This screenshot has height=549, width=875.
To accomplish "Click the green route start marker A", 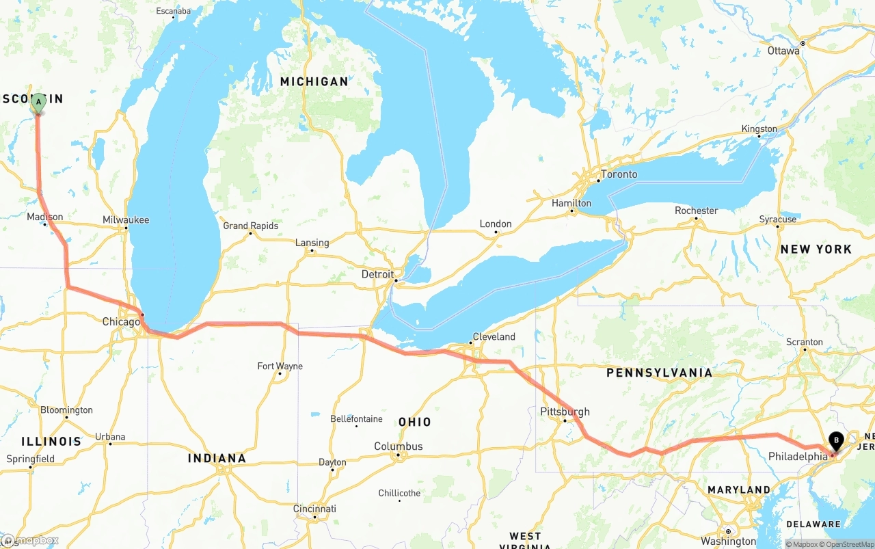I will (38, 103).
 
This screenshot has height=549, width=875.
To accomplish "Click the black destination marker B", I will (835, 441).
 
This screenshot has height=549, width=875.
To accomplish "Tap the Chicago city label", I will (121, 321).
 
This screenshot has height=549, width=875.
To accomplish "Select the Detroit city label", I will (377, 274).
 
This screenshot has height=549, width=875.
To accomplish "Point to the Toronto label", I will (619, 174).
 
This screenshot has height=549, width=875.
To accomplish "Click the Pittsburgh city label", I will (565, 412).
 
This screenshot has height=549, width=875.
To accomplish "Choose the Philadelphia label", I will (798, 456).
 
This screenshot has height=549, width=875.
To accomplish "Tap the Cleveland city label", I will (494, 336).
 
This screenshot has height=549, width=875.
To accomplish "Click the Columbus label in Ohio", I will (398, 446).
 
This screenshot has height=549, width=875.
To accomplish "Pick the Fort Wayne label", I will (280, 366).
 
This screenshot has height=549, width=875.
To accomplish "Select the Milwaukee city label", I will (126, 219).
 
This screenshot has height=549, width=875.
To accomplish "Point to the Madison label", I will (45, 217).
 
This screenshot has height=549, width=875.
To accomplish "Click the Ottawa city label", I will (783, 51).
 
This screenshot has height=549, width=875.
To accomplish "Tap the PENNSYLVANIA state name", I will (659, 373).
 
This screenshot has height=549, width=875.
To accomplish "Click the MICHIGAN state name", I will (314, 81).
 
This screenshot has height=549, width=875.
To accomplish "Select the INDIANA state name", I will (217, 458).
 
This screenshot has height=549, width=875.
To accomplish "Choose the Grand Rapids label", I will (251, 226).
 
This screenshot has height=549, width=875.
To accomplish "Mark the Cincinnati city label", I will (314, 509).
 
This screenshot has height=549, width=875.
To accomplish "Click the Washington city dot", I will (728, 531).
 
